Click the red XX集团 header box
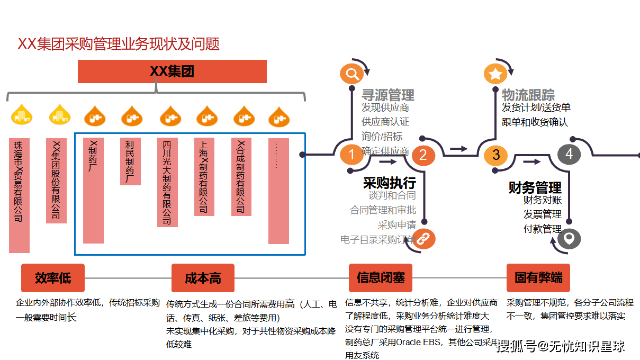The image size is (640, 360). [172, 71]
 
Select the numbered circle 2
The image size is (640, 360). [423, 155]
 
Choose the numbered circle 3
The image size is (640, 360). [496, 155]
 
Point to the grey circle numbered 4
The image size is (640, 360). [569, 154]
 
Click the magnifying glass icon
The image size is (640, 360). [351, 73]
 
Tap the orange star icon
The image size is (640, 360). [495, 74]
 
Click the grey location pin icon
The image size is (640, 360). [569, 239]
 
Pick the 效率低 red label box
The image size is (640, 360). [53, 278]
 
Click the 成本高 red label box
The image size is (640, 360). [203, 278]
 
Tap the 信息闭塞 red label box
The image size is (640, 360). [381, 278]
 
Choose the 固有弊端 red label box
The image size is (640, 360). [538, 278]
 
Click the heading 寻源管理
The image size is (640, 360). [388, 95]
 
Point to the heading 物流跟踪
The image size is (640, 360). [528, 95]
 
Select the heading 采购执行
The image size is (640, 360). [390, 183]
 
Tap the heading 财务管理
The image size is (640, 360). [535, 188]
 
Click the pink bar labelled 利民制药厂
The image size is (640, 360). [130, 161]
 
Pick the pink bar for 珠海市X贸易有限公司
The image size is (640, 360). [20, 195]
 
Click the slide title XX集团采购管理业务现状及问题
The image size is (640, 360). [119, 44]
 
